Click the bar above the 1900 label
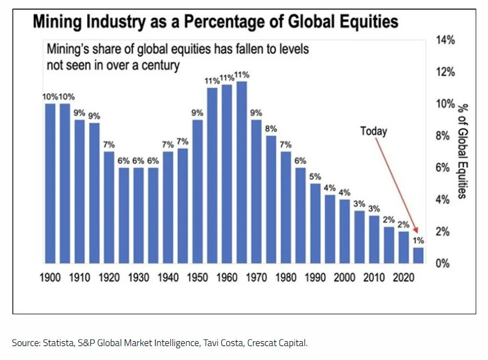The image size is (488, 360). (x=50, y=183)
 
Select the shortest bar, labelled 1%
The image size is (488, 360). (x=419, y=256)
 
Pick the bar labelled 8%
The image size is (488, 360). (x=271, y=200)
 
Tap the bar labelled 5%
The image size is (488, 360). (x=315, y=223)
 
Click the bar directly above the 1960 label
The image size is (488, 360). (x=227, y=174)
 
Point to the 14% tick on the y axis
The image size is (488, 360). (x=445, y=40)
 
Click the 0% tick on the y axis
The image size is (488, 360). (x=443, y=263)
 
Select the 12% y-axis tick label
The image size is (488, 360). (x=445, y=72)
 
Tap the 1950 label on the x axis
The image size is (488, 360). (x=197, y=277)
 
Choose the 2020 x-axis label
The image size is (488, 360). (x=403, y=277)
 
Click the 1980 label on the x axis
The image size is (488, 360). (x=285, y=277)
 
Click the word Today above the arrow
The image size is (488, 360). (x=373, y=131)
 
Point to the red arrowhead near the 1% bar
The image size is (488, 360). (x=416, y=230)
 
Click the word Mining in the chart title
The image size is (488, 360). (x=57, y=22)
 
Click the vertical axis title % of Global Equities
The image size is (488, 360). (x=463, y=151)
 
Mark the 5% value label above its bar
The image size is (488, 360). (x=315, y=177)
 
